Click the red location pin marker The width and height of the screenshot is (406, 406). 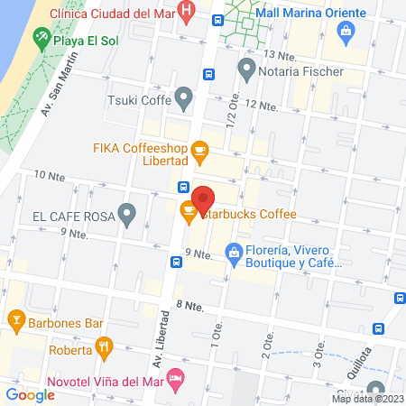point(203,198)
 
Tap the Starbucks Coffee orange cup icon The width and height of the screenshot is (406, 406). point(189,213)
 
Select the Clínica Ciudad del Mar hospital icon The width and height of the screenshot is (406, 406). point(186,14)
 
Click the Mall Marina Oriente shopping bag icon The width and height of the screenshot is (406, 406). point(345,32)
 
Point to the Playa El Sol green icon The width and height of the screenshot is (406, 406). point(41,38)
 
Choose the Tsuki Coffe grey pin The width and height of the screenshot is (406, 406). point(184,97)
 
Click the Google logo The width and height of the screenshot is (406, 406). point(31,394)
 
